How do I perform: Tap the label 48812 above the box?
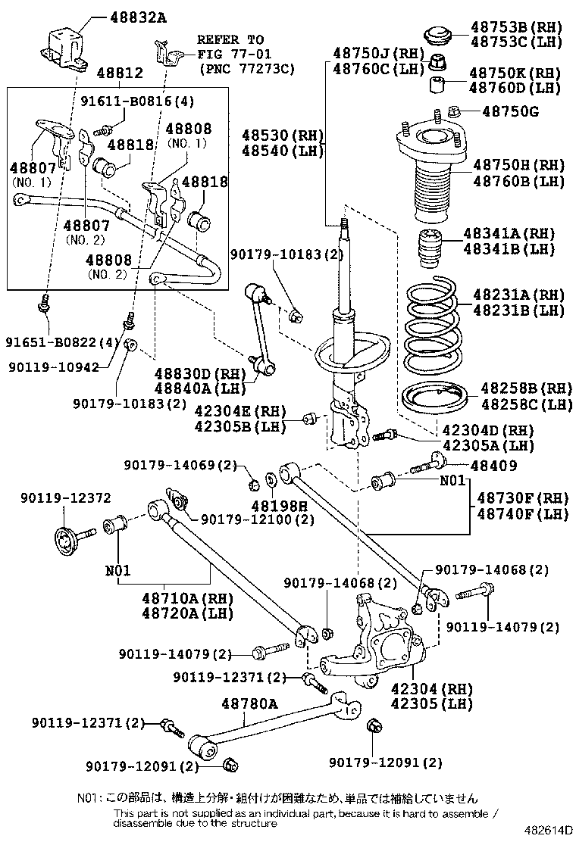click(x=120, y=73)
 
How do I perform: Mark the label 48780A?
click(x=249, y=704)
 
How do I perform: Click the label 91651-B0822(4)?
click(x=60, y=341)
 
